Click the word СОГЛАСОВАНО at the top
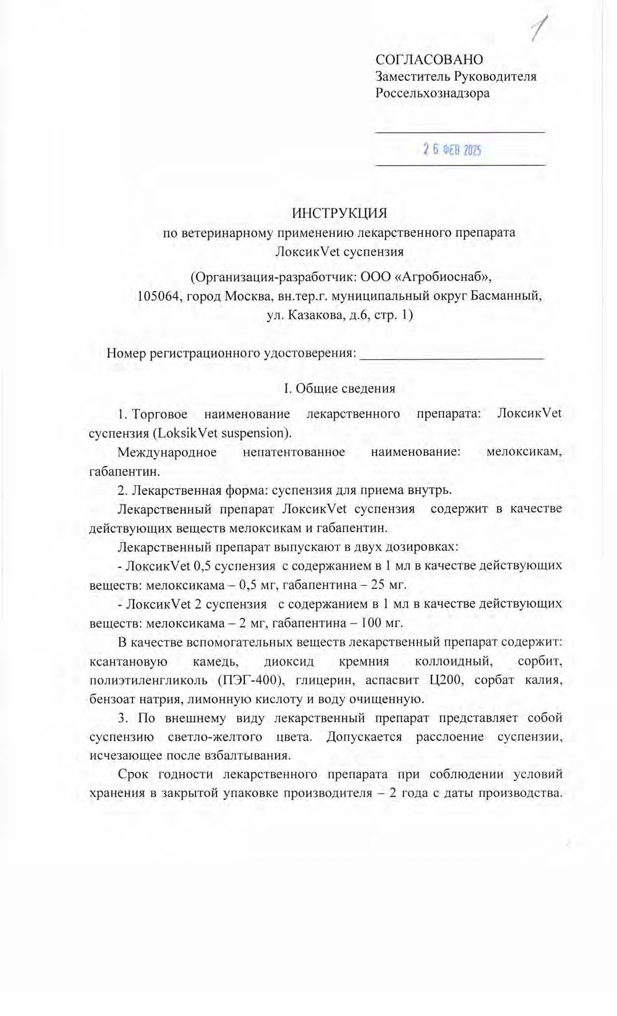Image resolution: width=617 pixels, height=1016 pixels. [429, 59]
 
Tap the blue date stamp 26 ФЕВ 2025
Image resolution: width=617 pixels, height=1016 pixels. [452, 150]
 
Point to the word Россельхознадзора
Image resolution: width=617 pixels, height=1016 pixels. [432, 93]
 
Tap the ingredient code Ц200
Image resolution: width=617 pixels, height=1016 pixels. [444, 680]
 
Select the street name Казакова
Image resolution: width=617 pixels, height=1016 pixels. [316, 315]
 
